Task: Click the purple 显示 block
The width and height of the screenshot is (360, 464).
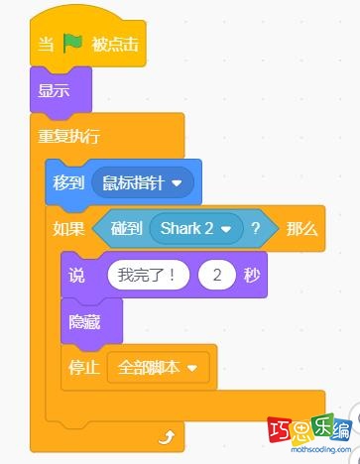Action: pos(55,91)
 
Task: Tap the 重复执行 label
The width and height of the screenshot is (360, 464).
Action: pos(67,136)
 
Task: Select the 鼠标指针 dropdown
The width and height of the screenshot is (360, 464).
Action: pos(141,182)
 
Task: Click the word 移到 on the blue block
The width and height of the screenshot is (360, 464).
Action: pos(68,182)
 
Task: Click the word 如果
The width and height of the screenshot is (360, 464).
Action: pos(68,229)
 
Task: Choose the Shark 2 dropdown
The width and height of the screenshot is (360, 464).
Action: pos(196,229)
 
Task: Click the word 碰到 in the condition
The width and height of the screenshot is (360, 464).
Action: pos(126,229)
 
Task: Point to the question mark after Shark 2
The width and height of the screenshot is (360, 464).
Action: pos(256,229)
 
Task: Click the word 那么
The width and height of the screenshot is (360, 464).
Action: pos(301,229)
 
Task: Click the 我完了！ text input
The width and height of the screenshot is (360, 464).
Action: pos(147,276)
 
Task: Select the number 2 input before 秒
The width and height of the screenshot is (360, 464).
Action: pos(216,276)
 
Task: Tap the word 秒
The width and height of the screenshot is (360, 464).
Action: pos(251,276)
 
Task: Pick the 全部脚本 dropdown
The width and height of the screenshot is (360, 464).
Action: pos(158,367)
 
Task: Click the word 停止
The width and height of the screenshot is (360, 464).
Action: pos(83,367)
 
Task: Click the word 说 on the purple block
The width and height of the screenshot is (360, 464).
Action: pos(77,276)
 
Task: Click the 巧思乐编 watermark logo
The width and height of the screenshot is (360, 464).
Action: pos(310,434)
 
